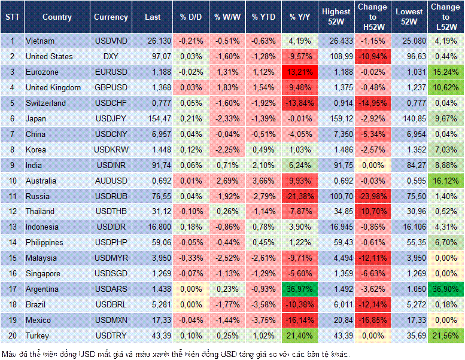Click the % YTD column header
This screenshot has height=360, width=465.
[263, 17]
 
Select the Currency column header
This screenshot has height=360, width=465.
[111, 17]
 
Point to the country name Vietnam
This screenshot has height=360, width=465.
[40, 41]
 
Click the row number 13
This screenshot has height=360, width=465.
[11, 227]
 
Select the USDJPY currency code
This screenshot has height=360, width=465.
[111, 118]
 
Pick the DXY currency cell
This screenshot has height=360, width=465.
[111, 56]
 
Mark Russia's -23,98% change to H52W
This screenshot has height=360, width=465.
[372, 196]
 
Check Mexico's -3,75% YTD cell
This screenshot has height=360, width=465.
[263, 321]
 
